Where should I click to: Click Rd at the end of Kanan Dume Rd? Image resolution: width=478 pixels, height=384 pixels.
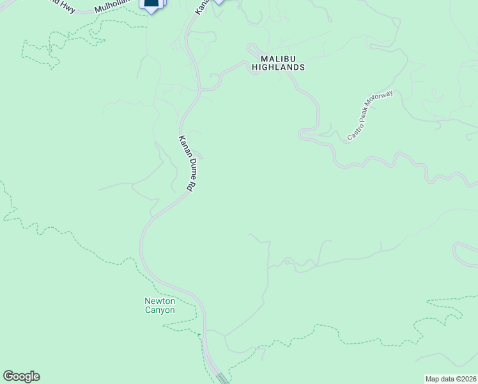pos(190,186)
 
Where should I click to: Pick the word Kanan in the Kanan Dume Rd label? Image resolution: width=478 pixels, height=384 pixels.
pos(180,145)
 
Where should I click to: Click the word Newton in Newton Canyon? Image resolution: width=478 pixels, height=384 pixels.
pos(159,301)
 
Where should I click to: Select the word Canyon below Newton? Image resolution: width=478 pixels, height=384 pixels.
pos(159,310)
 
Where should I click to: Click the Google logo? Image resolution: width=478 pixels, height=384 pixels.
pos(21,376)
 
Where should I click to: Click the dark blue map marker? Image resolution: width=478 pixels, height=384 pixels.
pos(151,5)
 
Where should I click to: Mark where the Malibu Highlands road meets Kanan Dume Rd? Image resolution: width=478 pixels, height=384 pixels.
pos(200,90)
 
